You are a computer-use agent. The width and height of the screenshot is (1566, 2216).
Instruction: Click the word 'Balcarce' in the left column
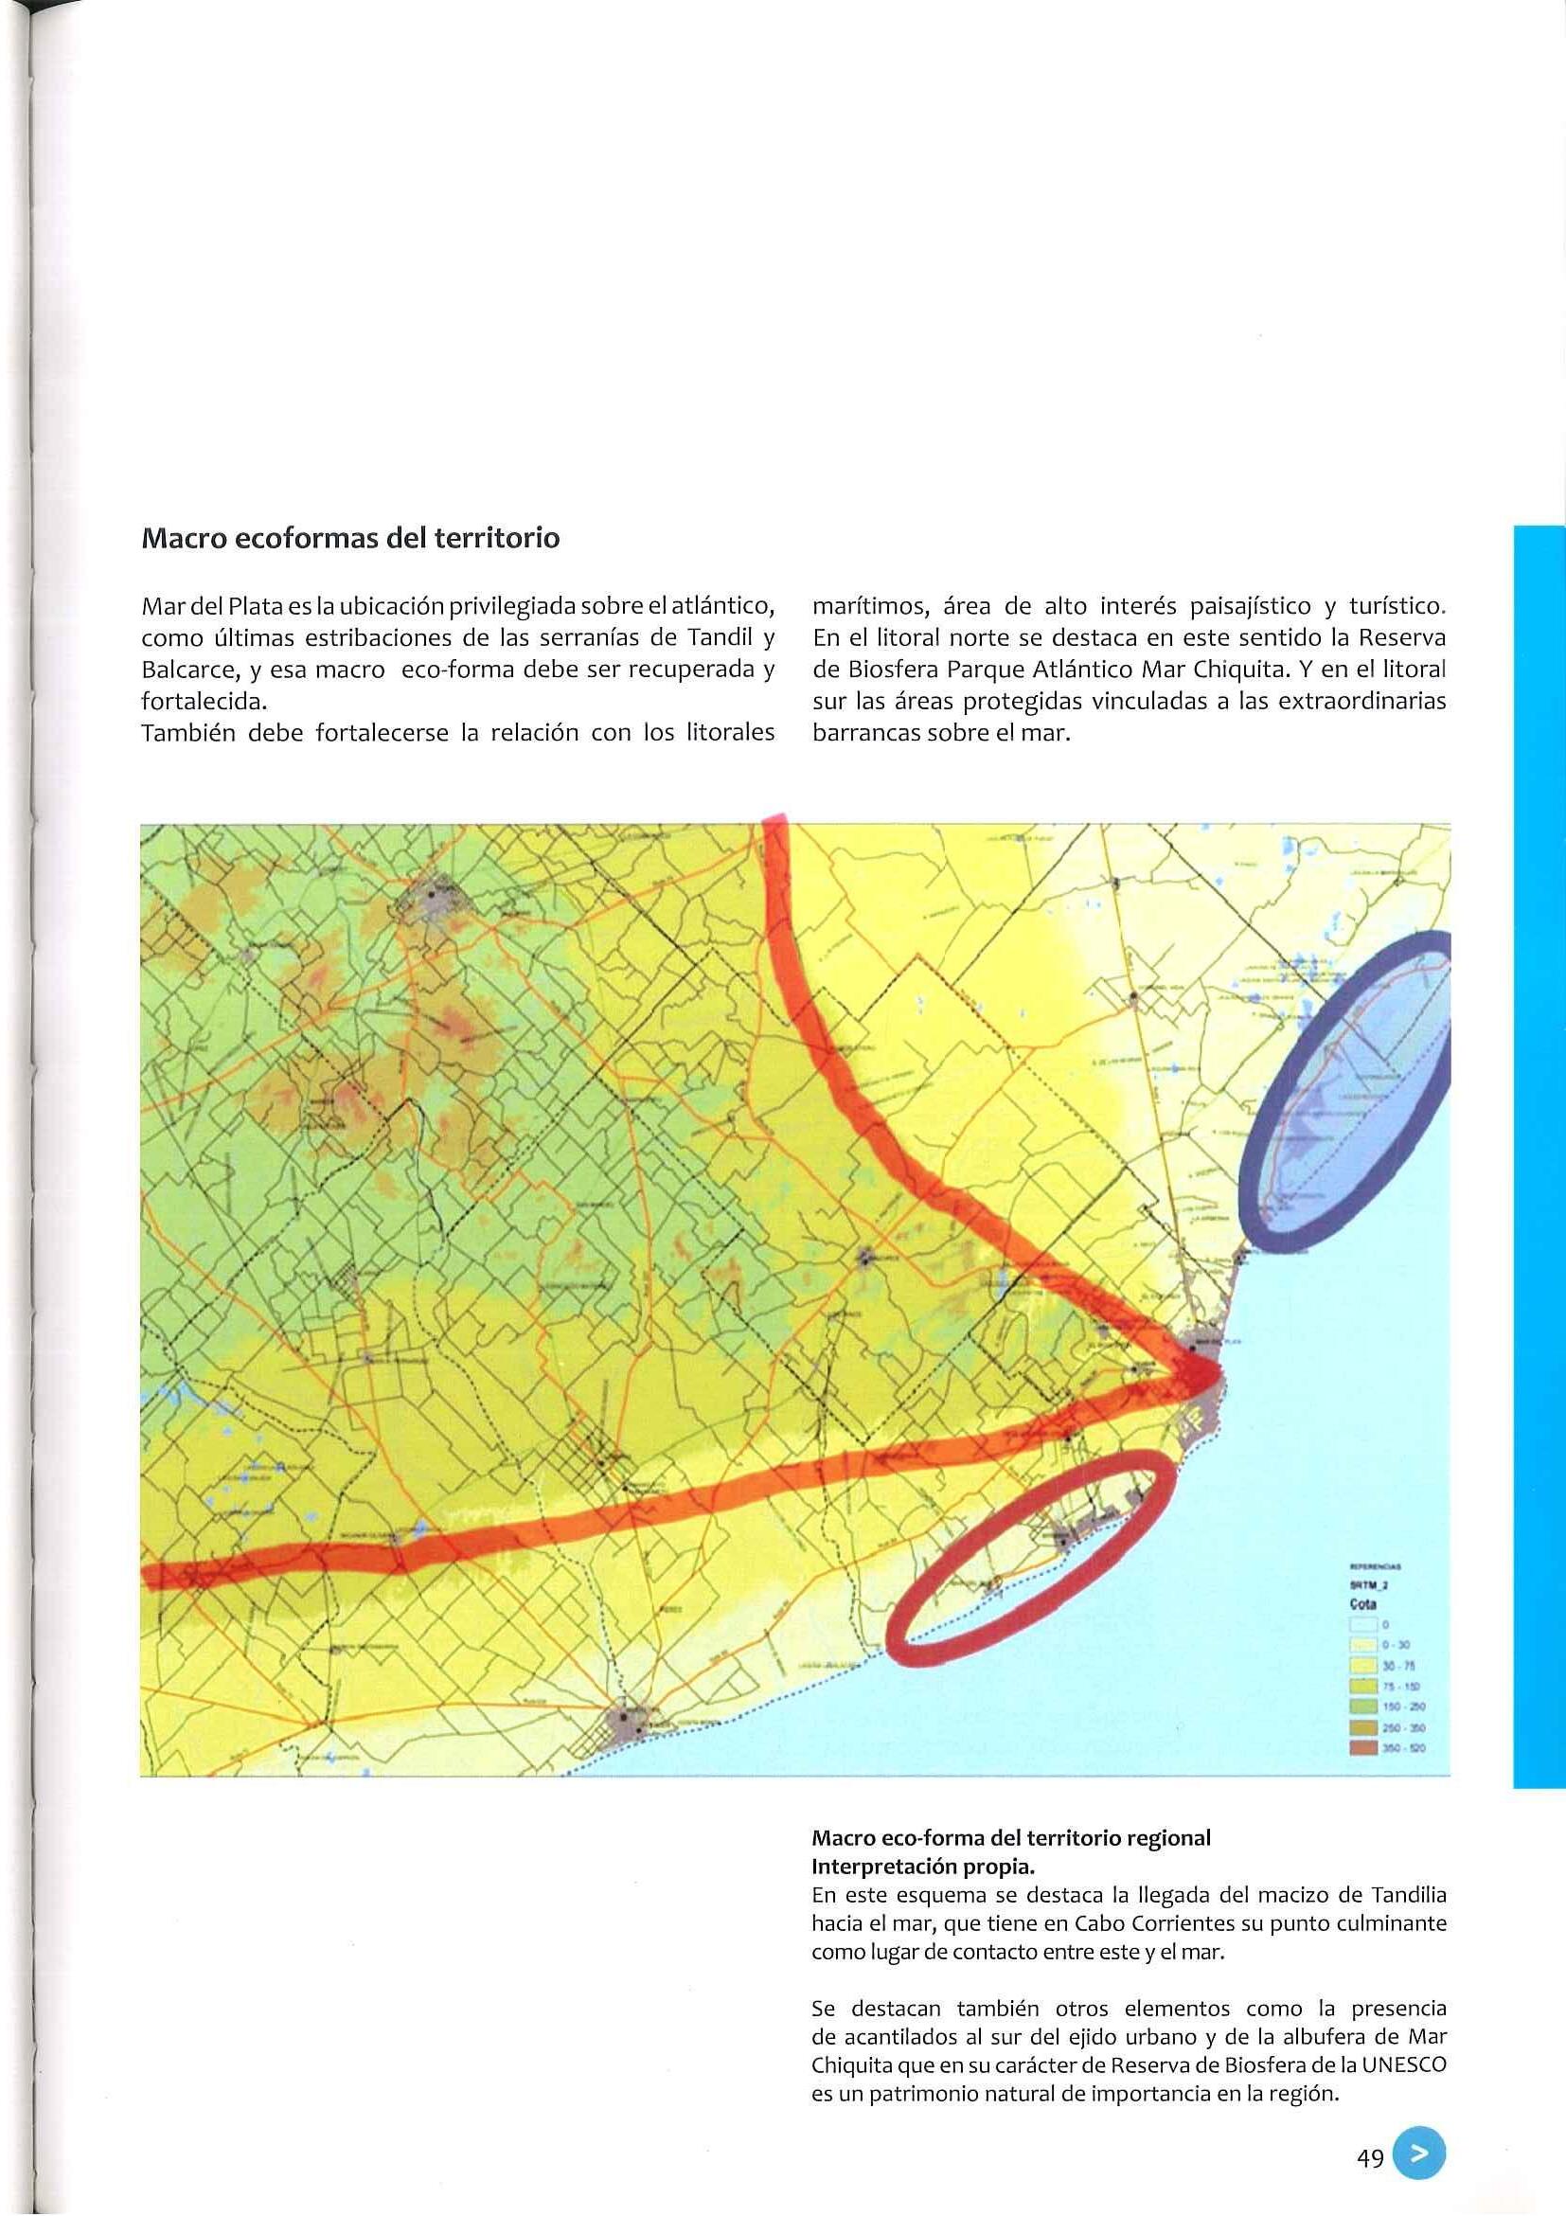point(178,670)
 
